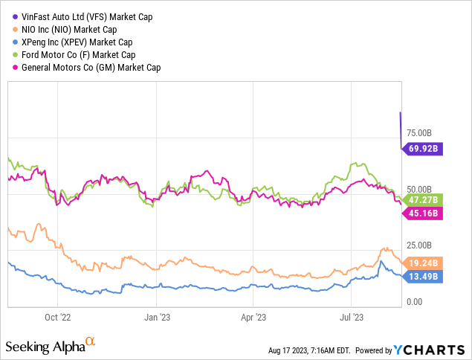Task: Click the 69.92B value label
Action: [424, 149]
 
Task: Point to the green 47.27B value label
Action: [424, 200]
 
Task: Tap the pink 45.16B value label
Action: [424, 214]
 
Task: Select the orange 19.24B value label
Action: [424, 263]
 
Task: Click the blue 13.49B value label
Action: [424, 277]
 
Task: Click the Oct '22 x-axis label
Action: [58, 316]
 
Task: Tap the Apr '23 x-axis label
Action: [253, 316]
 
